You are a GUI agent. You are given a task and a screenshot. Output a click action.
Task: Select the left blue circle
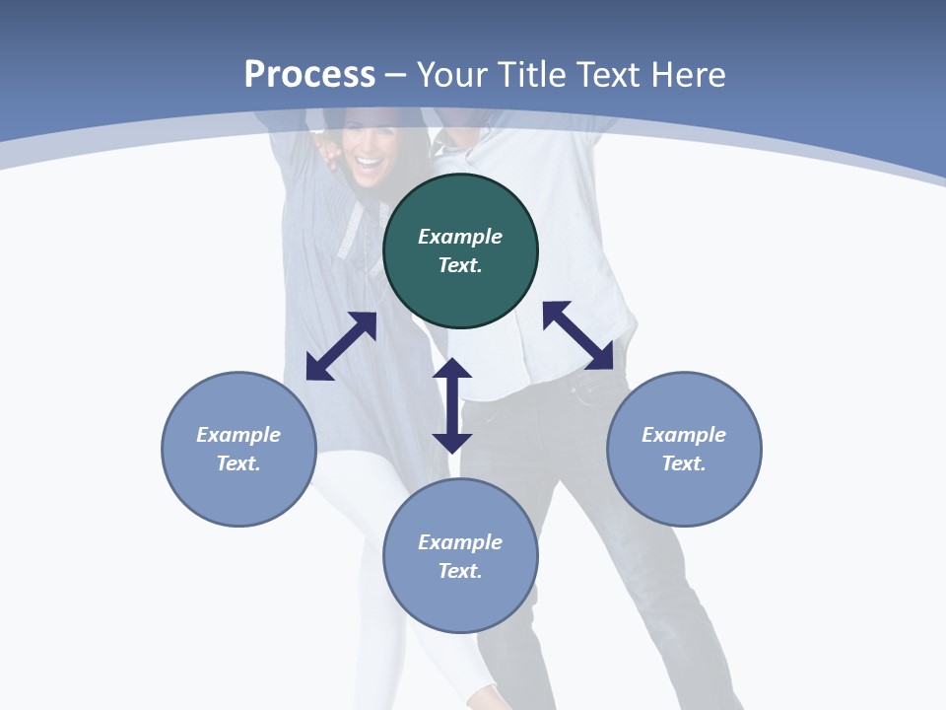click(x=238, y=449)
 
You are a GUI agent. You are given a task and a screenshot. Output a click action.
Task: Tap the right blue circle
click(x=684, y=449)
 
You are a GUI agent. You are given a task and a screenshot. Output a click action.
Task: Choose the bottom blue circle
click(x=460, y=556)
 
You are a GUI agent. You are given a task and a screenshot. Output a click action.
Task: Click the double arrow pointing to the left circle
click(x=341, y=346)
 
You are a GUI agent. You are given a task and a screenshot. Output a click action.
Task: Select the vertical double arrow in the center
click(x=452, y=405)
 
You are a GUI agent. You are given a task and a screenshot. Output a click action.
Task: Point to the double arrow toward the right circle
click(x=577, y=335)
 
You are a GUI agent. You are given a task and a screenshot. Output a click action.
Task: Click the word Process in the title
click(x=309, y=74)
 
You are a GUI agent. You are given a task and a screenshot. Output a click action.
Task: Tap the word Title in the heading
click(x=530, y=74)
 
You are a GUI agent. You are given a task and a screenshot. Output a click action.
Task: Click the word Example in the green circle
click(x=460, y=237)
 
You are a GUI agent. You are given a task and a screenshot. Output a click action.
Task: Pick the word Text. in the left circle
click(x=238, y=463)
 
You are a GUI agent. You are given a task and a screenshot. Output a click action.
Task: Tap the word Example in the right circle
click(x=684, y=435)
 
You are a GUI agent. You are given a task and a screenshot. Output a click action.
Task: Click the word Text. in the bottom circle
click(x=460, y=571)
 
